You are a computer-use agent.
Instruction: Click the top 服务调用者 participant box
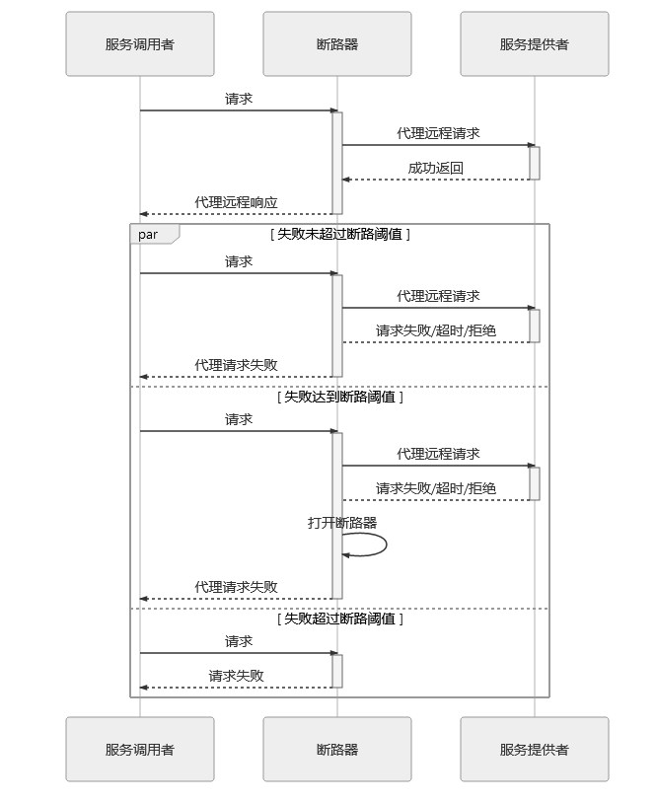click(x=140, y=44)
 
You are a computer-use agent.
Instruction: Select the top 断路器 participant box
click(x=336, y=44)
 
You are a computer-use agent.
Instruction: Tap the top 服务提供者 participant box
click(x=534, y=44)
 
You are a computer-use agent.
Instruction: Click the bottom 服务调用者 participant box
click(x=140, y=750)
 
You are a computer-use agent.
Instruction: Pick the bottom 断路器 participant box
click(x=336, y=750)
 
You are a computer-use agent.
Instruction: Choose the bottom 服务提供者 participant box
click(x=534, y=750)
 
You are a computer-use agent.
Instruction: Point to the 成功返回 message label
click(x=435, y=168)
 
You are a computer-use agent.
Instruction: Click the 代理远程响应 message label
click(x=236, y=202)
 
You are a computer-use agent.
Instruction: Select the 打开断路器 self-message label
click(x=342, y=523)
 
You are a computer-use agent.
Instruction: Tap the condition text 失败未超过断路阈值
click(x=339, y=234)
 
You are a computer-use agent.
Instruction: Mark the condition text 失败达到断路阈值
click(x=339, y=397)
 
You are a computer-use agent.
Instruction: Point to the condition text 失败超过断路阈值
click(x=339, y=619)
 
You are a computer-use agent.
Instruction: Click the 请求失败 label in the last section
click(x=236, y=676)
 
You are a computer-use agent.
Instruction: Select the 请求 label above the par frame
click(x=239, y=99)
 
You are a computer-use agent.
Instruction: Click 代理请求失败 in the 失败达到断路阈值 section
click(x=236, y=587)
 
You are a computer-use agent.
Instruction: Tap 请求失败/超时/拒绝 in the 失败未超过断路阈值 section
click(x=435, y=330)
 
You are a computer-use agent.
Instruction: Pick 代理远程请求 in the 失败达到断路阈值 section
click(x=438, y=454)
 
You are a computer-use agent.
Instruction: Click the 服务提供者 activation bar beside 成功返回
click(x=534, y=163)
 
